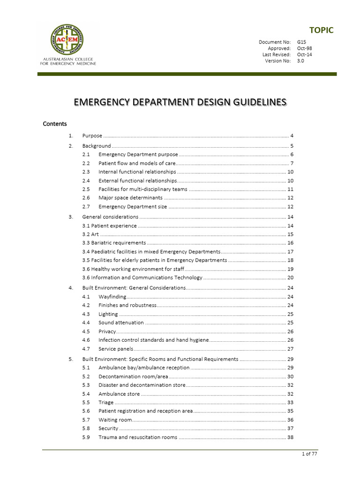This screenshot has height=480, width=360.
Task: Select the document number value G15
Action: click(x=301, y=42)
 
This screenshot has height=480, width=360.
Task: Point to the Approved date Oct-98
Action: click(x=304, y=48)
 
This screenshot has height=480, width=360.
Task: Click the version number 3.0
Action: click(x=300, y=60)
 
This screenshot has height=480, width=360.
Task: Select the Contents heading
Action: click(x=55, y=124)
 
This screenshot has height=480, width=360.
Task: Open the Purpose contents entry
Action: click(x=92, y=135)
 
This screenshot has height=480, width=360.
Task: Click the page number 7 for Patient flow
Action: click(x=291, y=163)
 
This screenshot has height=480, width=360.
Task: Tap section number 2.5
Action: click(x=86, y=189)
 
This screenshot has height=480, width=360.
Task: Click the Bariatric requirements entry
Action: click(x=114, y=243)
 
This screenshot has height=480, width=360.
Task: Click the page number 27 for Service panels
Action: click(x=290, y=349)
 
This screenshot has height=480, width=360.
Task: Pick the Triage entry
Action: click(x=106, y=402)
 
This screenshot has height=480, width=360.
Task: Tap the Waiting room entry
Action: click(x=115, y=420)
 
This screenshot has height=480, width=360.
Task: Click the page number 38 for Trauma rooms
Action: click(x=290, y=437)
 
